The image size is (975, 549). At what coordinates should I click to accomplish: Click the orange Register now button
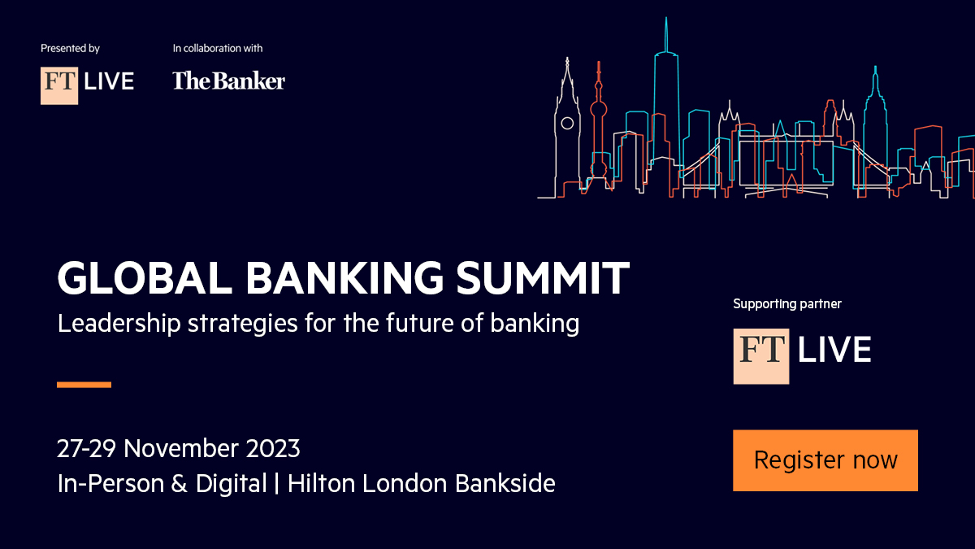coord(825,460)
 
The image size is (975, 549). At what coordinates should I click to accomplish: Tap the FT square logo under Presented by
coord(59,85)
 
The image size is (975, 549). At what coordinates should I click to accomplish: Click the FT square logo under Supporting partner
coord(760,356)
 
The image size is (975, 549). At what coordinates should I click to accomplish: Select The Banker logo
coord(228,81)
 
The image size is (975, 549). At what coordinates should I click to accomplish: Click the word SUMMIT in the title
coord(543,278)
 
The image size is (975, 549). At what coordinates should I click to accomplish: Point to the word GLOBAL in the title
coord(145,278)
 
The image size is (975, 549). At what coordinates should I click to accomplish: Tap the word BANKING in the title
coord(344,278)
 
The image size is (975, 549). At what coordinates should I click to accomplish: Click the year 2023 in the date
coord(273,448)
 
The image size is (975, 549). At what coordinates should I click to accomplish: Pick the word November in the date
coord(181,448)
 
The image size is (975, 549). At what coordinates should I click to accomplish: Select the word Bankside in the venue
coord(505,483)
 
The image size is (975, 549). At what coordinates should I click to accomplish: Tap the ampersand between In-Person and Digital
coord(179,484)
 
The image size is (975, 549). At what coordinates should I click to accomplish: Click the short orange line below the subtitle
coord(84,384)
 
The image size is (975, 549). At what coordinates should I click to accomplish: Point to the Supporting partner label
coord(787,303)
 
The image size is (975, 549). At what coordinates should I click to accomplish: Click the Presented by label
coord(70,48)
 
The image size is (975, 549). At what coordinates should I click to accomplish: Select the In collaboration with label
coord(218,48)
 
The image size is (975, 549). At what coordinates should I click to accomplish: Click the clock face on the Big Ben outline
coord(567,124)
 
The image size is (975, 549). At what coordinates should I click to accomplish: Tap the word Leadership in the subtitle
coord(119,324)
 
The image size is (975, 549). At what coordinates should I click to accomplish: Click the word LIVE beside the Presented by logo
coord(109,81)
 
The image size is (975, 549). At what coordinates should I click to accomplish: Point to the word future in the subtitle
coord(419,323)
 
